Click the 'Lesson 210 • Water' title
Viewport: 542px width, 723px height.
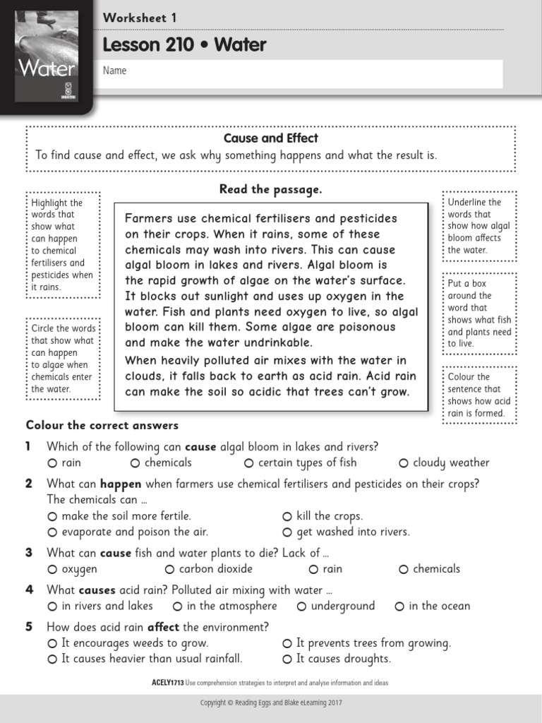(184, 45)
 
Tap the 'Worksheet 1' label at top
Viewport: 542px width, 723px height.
(140, 18)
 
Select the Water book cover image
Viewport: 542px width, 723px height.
(47, 56)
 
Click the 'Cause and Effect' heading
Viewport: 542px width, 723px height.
(271, 138)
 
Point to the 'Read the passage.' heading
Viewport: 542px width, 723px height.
(271, 189)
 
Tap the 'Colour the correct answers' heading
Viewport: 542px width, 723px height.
(102, 426)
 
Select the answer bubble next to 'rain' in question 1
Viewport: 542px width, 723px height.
(52, 463)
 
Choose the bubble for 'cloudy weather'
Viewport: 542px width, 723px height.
(404, 463)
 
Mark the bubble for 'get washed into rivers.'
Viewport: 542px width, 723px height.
(287, 532)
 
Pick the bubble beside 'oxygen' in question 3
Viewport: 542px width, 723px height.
(52, 570)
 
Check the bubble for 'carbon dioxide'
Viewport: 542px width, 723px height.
(169, 570)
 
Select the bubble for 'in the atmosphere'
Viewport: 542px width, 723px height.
(178, 607)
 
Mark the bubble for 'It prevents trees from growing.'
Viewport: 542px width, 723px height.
(287, 644)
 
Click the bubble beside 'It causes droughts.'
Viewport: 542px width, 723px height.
(287, 659)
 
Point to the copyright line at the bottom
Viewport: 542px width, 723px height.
(271, 703)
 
